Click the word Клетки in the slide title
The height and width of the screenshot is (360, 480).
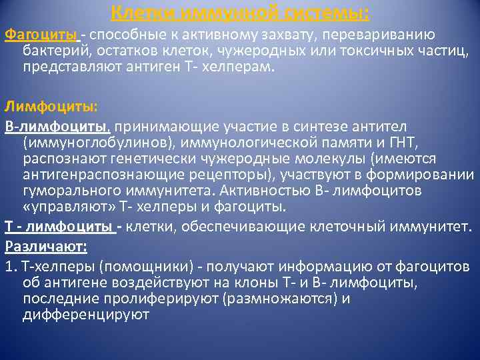point(139,12)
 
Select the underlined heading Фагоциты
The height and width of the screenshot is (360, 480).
point(41,35)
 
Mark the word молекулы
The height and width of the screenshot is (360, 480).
point(333,159)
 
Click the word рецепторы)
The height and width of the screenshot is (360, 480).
point(237,175)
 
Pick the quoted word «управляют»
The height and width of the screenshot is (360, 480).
point(63,207)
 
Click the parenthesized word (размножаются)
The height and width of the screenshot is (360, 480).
point(279,299)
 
